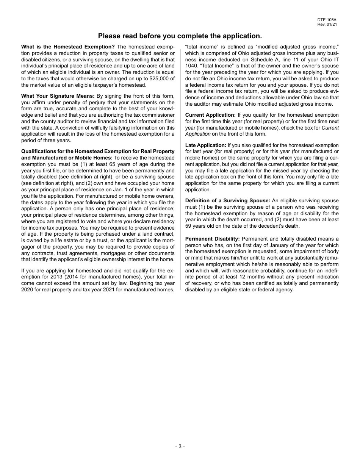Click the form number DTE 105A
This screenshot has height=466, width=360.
[327, 20]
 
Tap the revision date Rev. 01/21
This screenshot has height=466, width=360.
[327, 24]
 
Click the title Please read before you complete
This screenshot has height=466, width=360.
[180, 36]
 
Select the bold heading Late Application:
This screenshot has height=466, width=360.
[205, 145]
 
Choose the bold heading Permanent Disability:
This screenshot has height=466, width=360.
[212, 239]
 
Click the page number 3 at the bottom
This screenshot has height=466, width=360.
[180, 446]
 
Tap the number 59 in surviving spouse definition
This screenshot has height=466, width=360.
[188, 226]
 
